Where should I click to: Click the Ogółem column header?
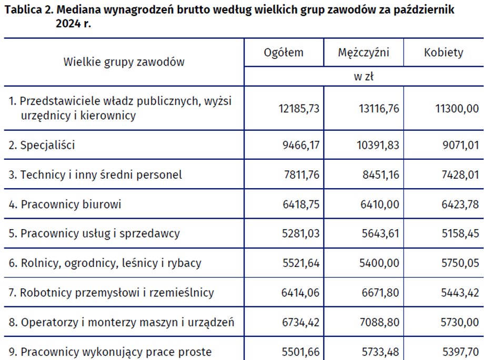pyautogui.click(x=284, y=53)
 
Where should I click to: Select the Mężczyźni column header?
pyautogui.click(x=363, y=53)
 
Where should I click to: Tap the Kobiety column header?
pyautogui.click(x=443, y=53)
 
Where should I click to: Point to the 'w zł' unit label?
pyautogui.click(x=364, y=77)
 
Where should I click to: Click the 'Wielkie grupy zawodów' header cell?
pyautogui.click(x=124, y=62)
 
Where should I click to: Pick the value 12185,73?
pyautogui.click(x=299, y=108)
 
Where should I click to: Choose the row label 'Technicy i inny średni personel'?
pyautogui.click(x=101, y=174)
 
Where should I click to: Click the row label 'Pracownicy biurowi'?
pyautogui.click(x=70, y=204)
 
